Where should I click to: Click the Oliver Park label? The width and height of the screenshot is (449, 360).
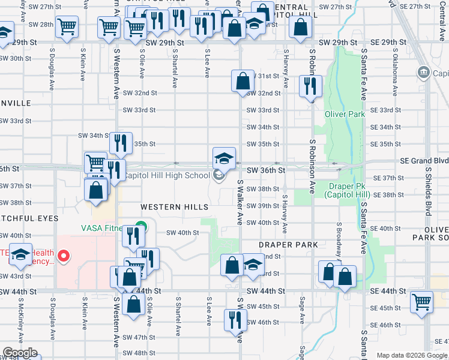tap(345, 114)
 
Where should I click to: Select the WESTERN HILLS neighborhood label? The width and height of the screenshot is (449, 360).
tap(174, 207)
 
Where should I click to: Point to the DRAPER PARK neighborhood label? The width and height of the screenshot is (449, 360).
tap(288, 245)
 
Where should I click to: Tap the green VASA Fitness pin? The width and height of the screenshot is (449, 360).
tap(140, 228)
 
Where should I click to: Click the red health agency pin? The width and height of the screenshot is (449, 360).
tap(65, 257)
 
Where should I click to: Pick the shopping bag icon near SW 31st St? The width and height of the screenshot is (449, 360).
tap(243, 81)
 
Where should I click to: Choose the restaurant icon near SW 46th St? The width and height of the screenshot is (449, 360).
tap(235, 320)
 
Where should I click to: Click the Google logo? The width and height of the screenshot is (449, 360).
tap(19, 353)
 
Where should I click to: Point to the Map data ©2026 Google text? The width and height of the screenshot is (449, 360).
tap(412, 355)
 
